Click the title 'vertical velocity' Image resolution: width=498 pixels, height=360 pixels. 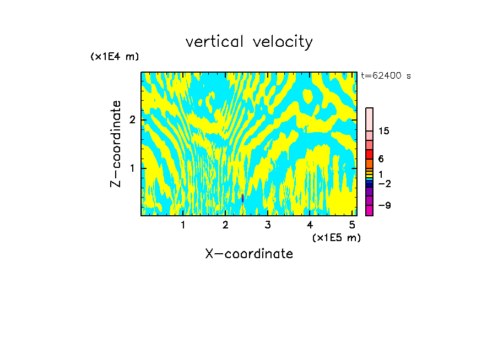coord(249,42)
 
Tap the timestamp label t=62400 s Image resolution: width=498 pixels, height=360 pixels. coord(386,76)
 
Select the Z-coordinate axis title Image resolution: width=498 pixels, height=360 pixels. coord(116,144)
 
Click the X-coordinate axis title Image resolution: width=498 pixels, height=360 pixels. coord(249,254)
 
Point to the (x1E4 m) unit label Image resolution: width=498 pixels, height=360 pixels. coord(115,57)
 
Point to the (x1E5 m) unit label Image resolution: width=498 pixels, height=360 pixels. coord(336,237)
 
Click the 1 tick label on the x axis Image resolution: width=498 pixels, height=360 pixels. coord(183,225)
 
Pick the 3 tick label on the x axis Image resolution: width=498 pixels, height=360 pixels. coord(267,225)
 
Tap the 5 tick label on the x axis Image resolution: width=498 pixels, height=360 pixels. coord(352,225)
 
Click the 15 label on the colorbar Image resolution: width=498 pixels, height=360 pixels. coord(384,131)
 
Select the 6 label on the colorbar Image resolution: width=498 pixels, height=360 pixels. coord(381,159)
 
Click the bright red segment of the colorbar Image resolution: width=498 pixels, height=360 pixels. coord(369,154)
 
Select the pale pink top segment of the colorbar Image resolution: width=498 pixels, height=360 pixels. coord(369,119)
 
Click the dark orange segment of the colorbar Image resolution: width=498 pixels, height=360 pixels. coord(369,163)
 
